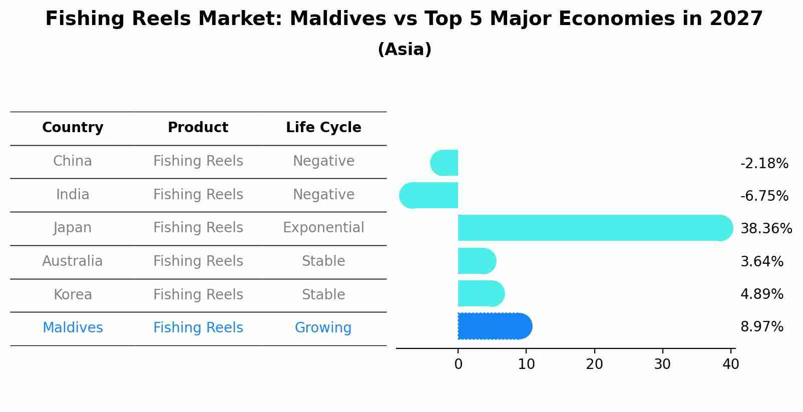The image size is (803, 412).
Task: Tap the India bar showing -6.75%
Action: coord(429,195)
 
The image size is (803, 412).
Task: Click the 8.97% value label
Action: coord(761,327)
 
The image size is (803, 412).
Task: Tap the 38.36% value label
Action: coord(766,229)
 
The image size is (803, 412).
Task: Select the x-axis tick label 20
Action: coord(594,364)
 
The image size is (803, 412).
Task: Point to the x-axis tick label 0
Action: coord(458,364)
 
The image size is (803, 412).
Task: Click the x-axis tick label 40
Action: coord(730,364)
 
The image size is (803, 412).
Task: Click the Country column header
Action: coord(73,128)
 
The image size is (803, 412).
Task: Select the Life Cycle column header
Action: coord(323,128)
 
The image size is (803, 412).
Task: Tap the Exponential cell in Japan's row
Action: coord(323,228)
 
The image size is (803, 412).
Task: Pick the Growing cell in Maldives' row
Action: coord(323,328)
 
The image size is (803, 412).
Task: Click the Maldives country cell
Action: coord(73,328)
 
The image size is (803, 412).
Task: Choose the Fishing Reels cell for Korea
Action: coord(198,294)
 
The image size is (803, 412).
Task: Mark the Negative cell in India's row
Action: coord(323,194)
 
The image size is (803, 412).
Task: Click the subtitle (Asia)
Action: coord(405,50)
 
